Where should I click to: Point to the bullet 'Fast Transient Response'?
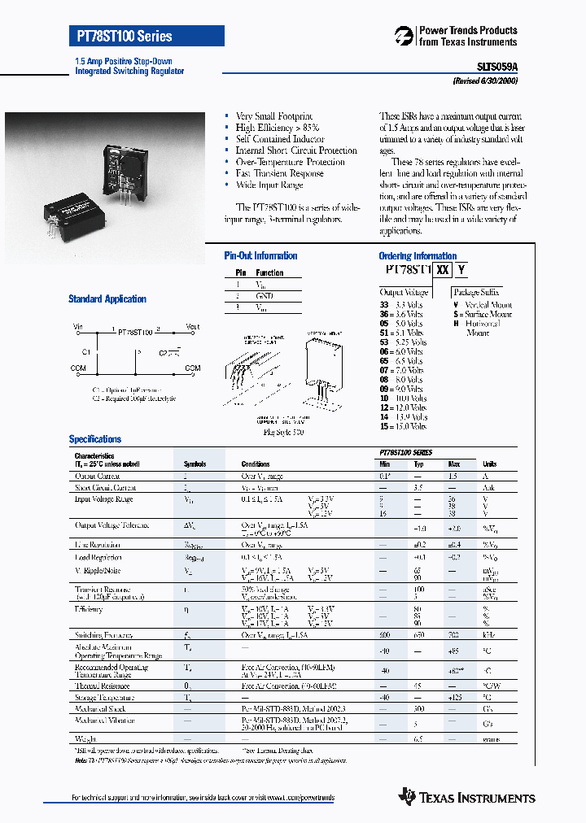point(279,173)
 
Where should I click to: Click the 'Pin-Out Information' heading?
point(260,256)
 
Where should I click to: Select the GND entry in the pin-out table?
point(265,296)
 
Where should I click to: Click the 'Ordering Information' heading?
point(418,256)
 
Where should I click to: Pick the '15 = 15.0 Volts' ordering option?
point(403,426)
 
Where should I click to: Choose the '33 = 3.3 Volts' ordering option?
point(401,305)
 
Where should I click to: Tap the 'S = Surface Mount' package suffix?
point(483,314)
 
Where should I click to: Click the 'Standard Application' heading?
point(107,299)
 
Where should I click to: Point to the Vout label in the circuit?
point(192,327)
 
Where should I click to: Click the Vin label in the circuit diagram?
point(79,327)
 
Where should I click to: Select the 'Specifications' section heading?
point(95,439)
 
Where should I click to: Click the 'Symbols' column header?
point(195,464)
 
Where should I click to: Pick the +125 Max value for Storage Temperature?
point(455,698)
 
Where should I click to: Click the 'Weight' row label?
point(86,739)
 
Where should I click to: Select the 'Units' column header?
point(490,464)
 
